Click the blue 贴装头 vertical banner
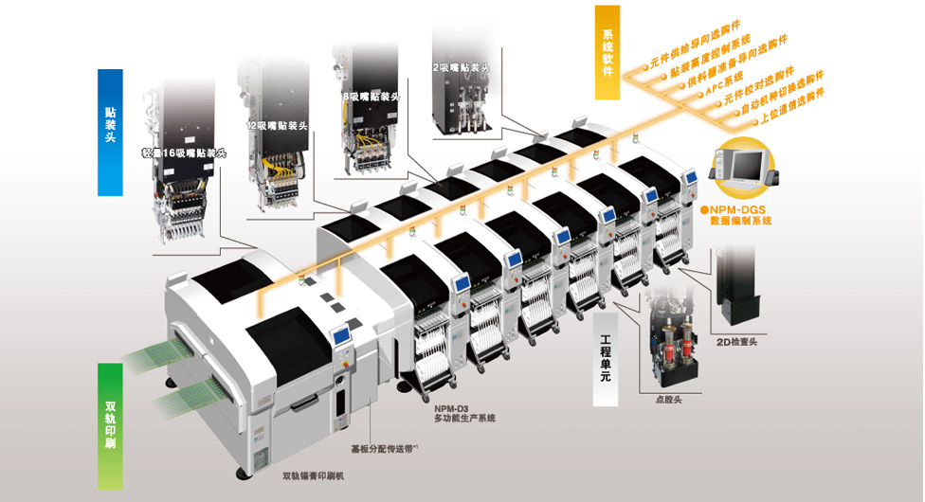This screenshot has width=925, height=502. [x=110, y=132]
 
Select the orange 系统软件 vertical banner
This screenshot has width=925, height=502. [x=608, y=53]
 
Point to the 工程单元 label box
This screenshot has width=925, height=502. [x=607, y=351]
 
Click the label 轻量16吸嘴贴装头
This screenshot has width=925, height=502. [x=184, y=152]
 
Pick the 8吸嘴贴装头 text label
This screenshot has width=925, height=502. [x=372, y=98]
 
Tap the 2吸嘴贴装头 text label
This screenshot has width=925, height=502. [x=462, y=68]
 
